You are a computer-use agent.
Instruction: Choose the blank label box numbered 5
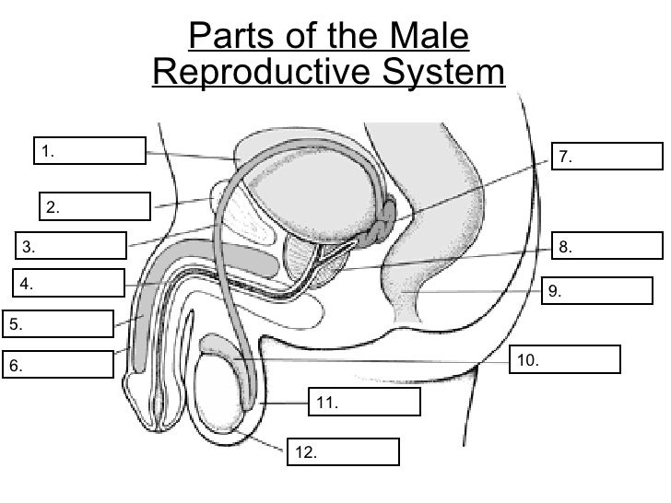tap(58, 323)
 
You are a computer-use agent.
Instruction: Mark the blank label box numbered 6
tap(58, 365)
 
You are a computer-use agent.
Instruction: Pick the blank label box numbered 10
tap(564, 359)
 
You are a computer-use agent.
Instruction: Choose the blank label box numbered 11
tap(364, 402)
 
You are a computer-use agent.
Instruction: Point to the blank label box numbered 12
tap(345, 451)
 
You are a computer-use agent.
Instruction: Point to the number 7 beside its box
tap(565, 158)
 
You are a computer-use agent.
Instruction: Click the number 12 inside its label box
tap(306, 451)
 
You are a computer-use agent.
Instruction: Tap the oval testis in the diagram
tap(225, 388)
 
